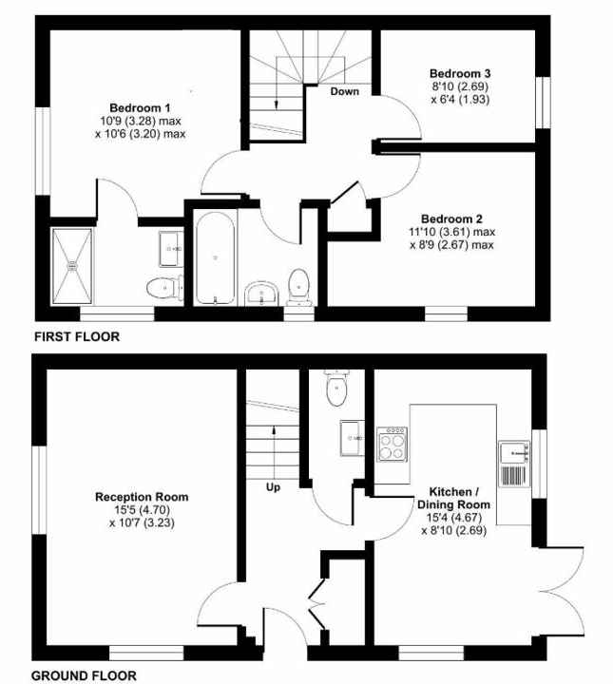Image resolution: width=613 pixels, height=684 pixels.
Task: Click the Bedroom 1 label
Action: [141, 106]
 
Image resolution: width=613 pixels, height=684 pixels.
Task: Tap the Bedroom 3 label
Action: [461, 73]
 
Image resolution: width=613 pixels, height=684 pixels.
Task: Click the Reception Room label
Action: [142, 496]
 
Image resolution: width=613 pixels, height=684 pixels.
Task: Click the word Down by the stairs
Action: [345, 92]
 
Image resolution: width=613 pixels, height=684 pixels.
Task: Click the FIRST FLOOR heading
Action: [77, 337]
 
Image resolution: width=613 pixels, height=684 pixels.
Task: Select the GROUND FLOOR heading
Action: [85, 675]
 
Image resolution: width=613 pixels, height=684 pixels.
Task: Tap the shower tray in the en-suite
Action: [76, 265]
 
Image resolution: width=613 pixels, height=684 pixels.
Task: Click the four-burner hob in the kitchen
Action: [393, 444]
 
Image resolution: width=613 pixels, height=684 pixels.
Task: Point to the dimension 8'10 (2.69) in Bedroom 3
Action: [461, 86]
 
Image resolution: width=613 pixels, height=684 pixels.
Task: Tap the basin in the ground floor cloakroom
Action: [352, 438]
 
